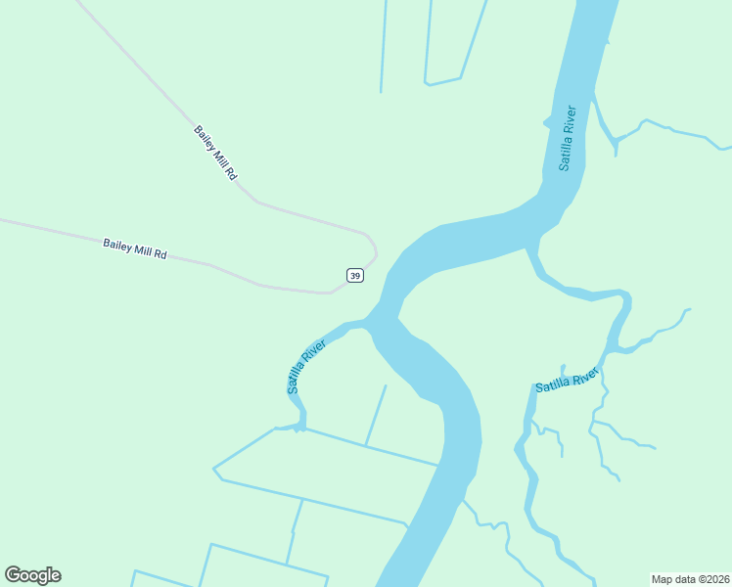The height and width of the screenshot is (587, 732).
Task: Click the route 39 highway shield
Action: pyautogui.click(x=355, y=276)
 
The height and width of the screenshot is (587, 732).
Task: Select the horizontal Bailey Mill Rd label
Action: pyautogui.click(x=135, y=248)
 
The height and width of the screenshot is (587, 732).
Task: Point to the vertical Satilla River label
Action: pyautogui.click(x=568, y=137)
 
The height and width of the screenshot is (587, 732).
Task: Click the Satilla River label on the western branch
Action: pyautogui.click(x=306, y=367)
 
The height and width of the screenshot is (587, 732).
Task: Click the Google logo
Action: pyautogui.click(x=32, y=575)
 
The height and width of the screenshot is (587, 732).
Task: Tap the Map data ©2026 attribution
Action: pyautogui.click(x=690, y=578)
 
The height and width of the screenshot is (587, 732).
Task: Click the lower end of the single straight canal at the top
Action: pyautogui.click(x=381, y=92)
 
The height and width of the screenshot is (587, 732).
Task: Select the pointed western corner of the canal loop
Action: pyautogui.click(x=215, y=469)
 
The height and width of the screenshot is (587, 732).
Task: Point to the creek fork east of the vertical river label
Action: pyautogui.click(x=616, y=143)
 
